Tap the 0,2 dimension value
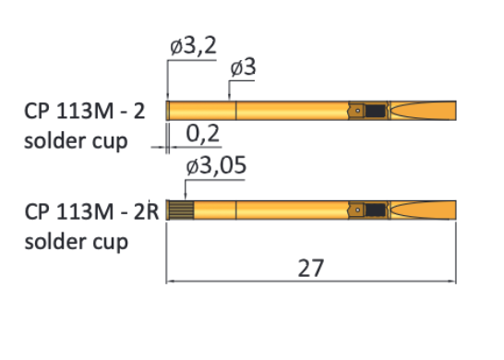203,135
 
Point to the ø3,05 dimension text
215,166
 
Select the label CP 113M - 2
84,113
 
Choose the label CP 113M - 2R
92,211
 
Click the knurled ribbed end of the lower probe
178,210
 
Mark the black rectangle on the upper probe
375,112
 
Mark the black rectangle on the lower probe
375,210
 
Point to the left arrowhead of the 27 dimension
170,281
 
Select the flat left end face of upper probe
168,111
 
